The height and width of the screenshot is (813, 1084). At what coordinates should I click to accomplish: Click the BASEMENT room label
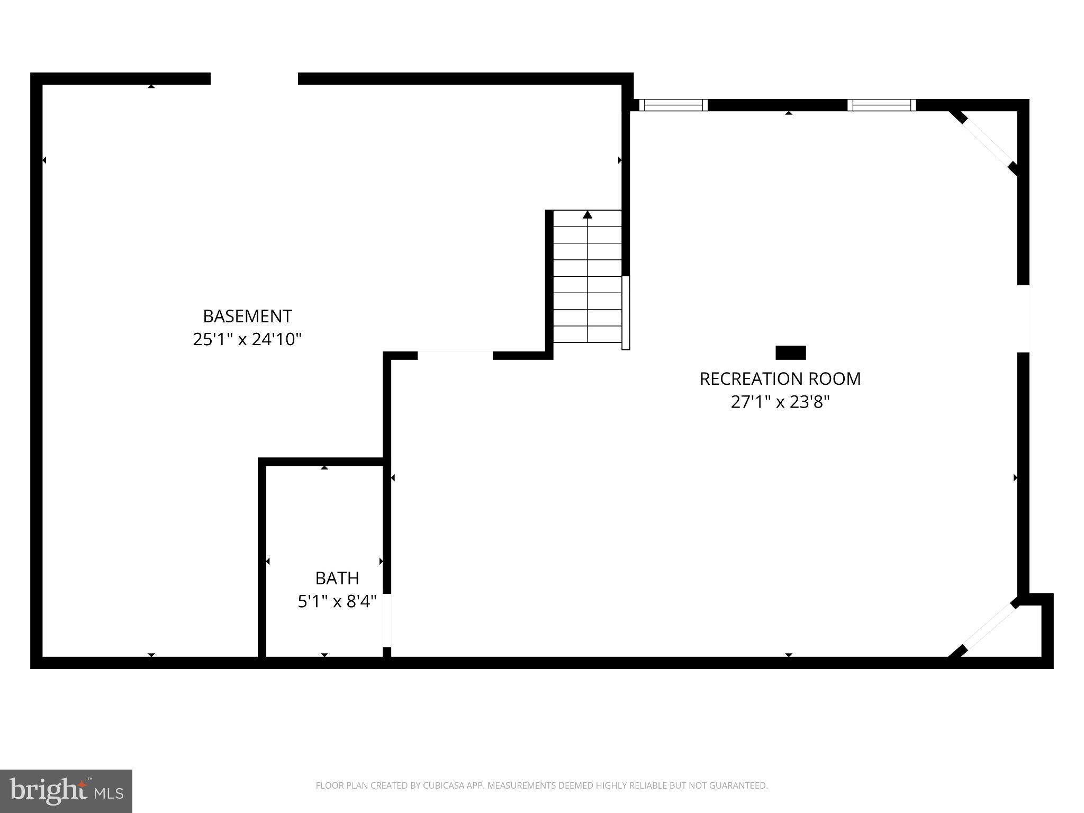click(x=247, y=316)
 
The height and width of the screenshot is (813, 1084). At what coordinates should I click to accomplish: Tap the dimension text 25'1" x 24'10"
click(x=247, y=339)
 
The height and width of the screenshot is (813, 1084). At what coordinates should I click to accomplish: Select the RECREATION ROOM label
click(x=780, y=379)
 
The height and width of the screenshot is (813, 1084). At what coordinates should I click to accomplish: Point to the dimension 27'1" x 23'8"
click(x=780, y=402)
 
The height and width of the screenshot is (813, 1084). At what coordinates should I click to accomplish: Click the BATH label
click(x=337, y=578)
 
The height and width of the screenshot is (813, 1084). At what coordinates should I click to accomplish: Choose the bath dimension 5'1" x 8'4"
click(x=337, y=601)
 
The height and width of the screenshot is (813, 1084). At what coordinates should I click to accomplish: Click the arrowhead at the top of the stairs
click(x=588, y=215)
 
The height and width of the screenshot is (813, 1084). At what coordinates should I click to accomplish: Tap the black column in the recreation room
click(x=791, y=353)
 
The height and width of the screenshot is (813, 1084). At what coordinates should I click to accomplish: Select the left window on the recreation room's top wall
click(x=673, y=105)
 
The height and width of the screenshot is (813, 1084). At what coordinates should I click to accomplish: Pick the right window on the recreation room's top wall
click(x=882, y=105)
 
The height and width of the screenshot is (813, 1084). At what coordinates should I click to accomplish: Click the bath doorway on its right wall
click(x=387, y=620)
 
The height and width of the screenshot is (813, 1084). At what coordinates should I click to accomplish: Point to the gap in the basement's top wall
click(x=254, y=79)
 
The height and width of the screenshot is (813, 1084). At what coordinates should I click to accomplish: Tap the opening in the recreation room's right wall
click(x=1023, y=319)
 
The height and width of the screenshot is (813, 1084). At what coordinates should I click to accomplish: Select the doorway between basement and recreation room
click(x=455, y=355)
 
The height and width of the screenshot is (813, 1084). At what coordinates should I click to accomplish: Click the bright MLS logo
click(x=66, y=791)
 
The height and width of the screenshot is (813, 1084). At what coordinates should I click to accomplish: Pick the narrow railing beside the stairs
click(x=626, y=312)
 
